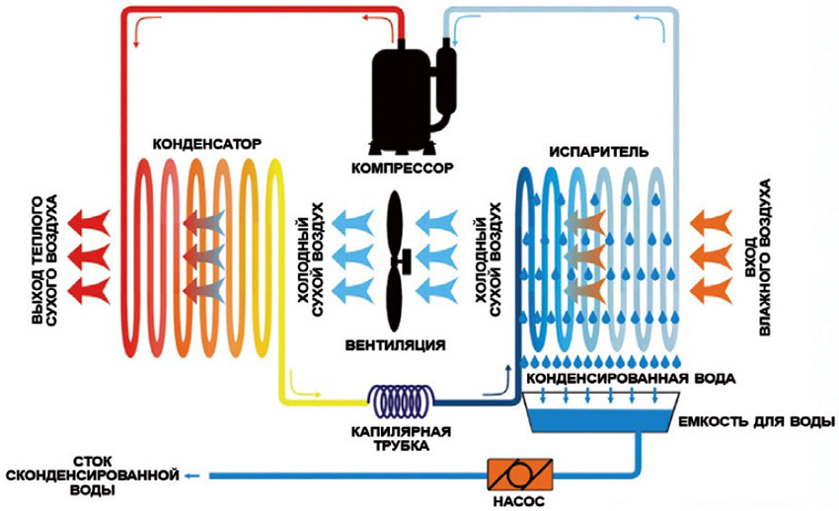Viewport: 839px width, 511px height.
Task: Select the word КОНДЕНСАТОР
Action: (208, 144)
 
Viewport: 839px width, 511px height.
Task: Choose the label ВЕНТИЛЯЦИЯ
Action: (395, 346)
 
